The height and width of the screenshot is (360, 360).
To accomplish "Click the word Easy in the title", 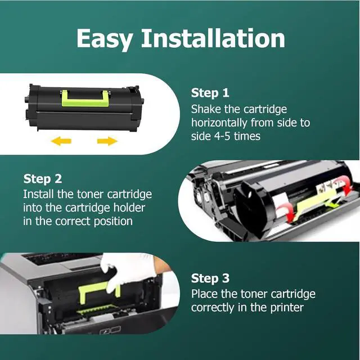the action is [x=105, y=39].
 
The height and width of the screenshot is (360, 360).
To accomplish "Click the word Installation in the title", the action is [x=213, y=38].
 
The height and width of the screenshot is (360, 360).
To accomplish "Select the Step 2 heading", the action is [x=43, y=179].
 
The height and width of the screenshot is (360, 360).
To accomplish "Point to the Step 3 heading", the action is [x=210, y=278].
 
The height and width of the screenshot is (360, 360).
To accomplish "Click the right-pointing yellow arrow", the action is [x=106, y=141].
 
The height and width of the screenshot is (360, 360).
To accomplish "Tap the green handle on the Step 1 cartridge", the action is [x=84, y=97].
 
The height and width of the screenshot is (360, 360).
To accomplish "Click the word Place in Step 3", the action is [x=204, y=294].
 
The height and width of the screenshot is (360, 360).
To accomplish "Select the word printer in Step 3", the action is [x=287, y=308].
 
